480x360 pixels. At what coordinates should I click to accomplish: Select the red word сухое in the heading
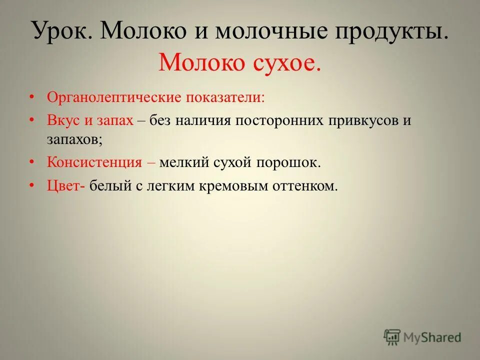tap(284, 62)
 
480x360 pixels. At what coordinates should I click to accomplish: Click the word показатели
tap(225, 97)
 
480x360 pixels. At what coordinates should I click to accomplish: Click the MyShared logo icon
tap(392, 337)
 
